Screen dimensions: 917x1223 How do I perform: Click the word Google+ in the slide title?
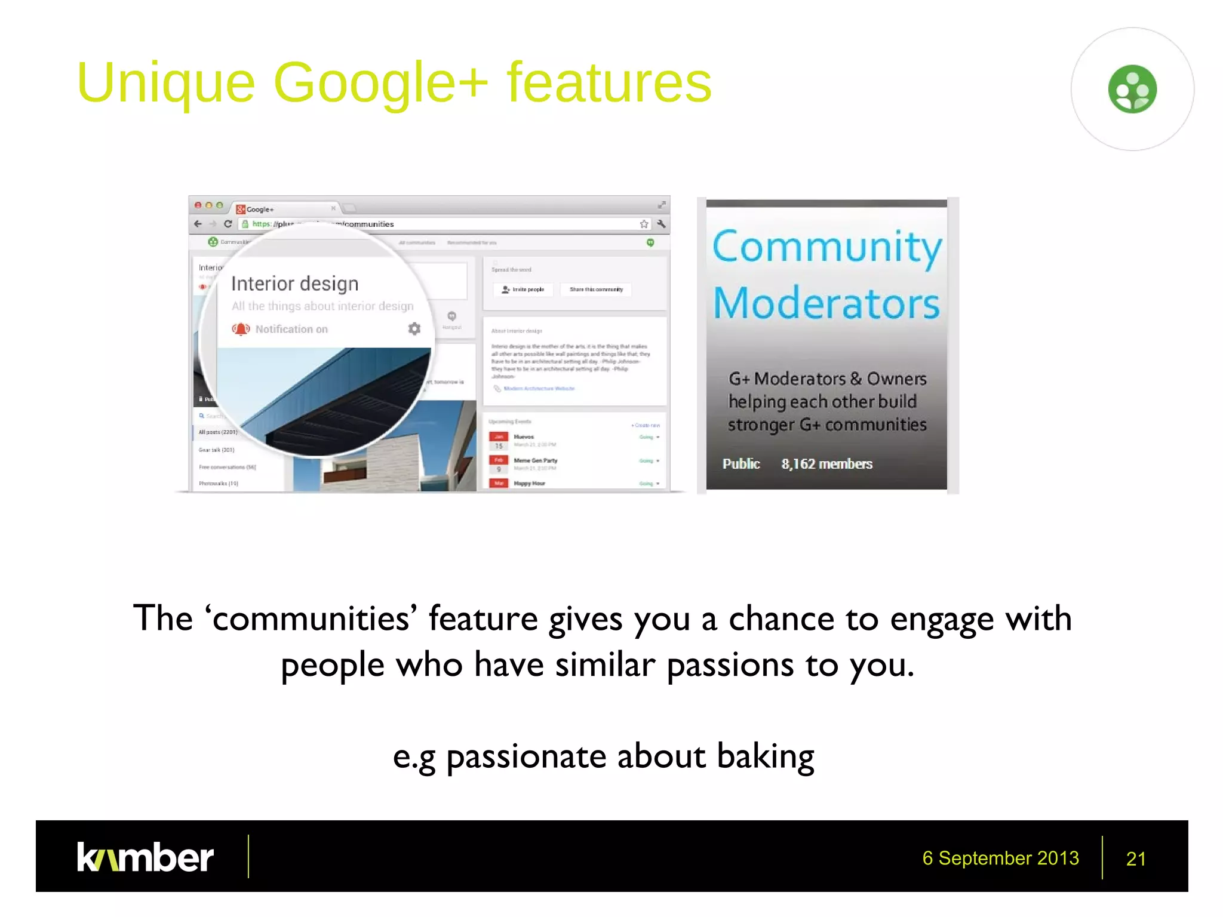(x=380, y=84)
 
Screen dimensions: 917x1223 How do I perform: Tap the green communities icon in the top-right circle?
(x=1132, y=89)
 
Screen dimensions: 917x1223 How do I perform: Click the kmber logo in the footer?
(x=145, y=857)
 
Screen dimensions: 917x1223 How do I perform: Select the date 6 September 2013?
(x=1000, y=858)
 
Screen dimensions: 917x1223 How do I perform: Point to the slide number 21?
(x=1135, y=858)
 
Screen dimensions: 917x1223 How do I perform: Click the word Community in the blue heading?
(x=827, y=247)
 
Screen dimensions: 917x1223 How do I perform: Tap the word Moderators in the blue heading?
(x=826, y=303)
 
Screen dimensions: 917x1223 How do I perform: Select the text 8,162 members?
(x=826, y=464)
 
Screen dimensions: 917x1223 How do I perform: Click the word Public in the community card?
(x=740, y=464)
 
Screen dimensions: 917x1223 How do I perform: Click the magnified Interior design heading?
(x=295, y=284)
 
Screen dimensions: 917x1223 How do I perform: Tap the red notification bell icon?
(x=241, y=329)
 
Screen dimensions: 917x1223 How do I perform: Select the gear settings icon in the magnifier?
(x=414, y=328)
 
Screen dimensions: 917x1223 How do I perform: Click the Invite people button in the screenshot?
(x=523, y=290)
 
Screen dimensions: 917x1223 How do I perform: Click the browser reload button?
(x=228, y=224)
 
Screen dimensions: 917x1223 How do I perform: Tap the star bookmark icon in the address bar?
(x=644, y=224)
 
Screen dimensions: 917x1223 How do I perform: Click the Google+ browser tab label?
(x=260, y=210)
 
